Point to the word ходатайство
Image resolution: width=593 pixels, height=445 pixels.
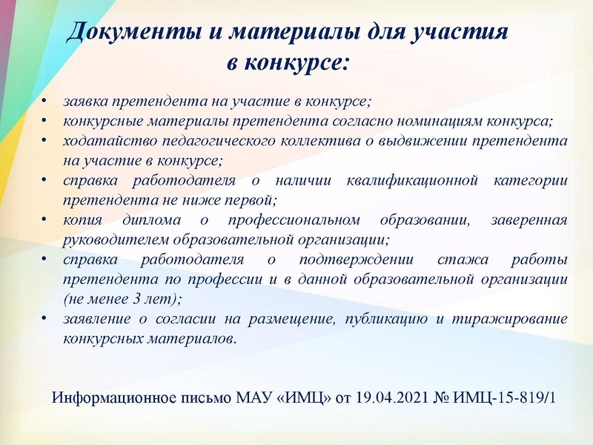103,140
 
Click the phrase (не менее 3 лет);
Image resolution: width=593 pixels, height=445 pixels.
122,300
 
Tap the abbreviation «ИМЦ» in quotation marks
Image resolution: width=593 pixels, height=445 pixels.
307,398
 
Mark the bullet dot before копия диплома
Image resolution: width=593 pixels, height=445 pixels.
44,220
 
